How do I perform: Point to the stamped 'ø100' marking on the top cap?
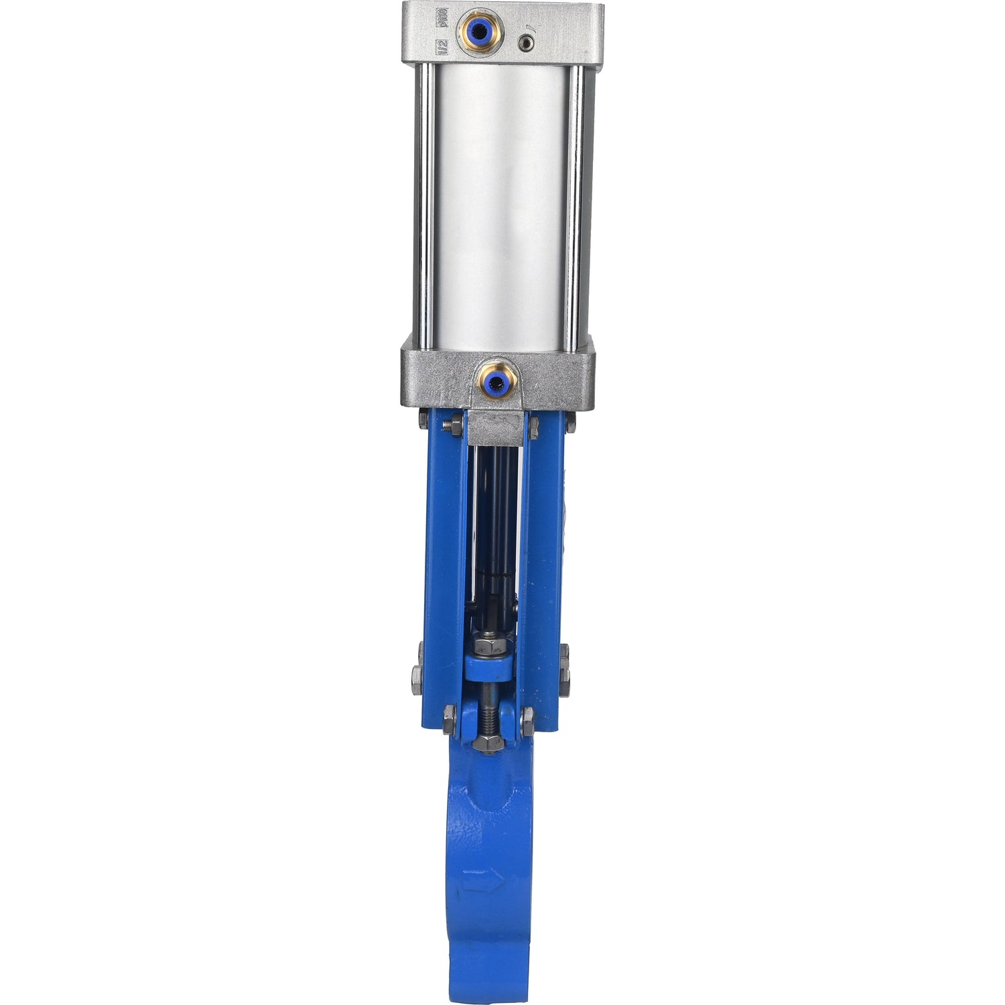click(442, 17)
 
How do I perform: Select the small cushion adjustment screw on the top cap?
click(527, 44)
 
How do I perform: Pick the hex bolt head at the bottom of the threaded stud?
click(488, 743)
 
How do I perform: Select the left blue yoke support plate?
click(443, 569)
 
